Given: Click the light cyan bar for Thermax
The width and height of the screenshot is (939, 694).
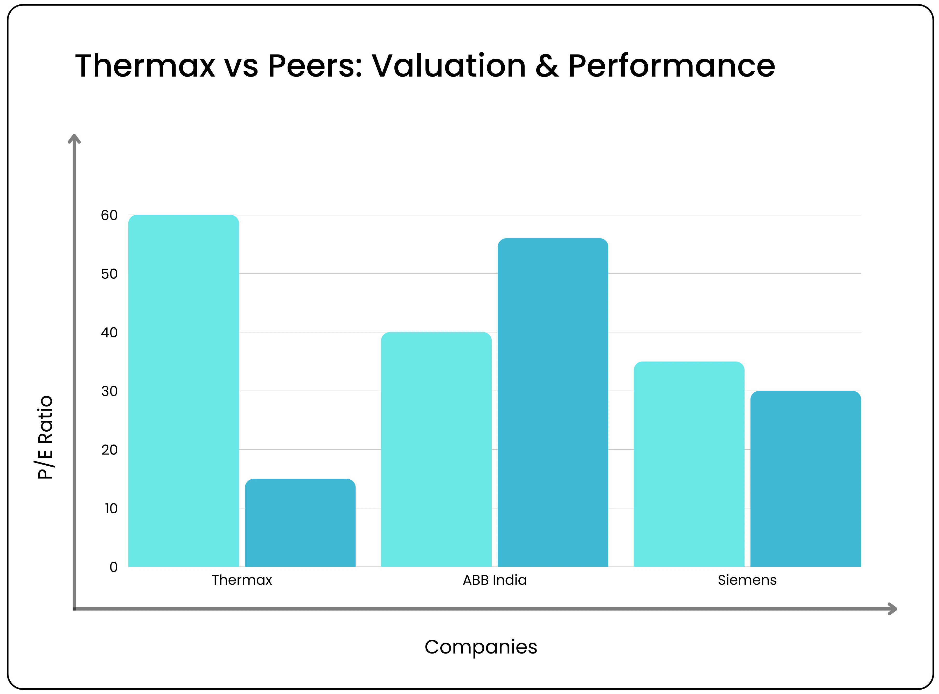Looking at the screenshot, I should (183, 391).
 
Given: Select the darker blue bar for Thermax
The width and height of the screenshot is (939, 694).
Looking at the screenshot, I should (300, 523).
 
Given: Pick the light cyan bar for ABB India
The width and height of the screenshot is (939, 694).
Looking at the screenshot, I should (436, 450).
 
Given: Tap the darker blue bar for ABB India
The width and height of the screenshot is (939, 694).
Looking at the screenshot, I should (553, 403).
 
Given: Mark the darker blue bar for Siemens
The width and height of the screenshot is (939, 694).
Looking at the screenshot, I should (805, 479).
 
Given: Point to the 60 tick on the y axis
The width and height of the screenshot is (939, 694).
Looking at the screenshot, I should (109, 215).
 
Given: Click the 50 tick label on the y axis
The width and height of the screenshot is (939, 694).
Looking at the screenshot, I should (109, 274).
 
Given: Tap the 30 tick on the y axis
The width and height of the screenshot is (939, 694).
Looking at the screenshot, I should (109, 391).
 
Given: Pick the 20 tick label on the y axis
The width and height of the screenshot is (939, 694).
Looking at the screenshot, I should (109, 450).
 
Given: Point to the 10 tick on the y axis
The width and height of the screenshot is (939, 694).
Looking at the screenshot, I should (111, 508).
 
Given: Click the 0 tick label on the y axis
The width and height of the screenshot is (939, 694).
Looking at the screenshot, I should (113, 567).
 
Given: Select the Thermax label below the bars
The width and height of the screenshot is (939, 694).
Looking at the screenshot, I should (242, 580).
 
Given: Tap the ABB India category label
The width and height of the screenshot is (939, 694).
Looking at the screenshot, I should (495, 580).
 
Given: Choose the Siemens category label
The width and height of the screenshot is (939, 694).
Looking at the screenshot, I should (747, 580).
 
